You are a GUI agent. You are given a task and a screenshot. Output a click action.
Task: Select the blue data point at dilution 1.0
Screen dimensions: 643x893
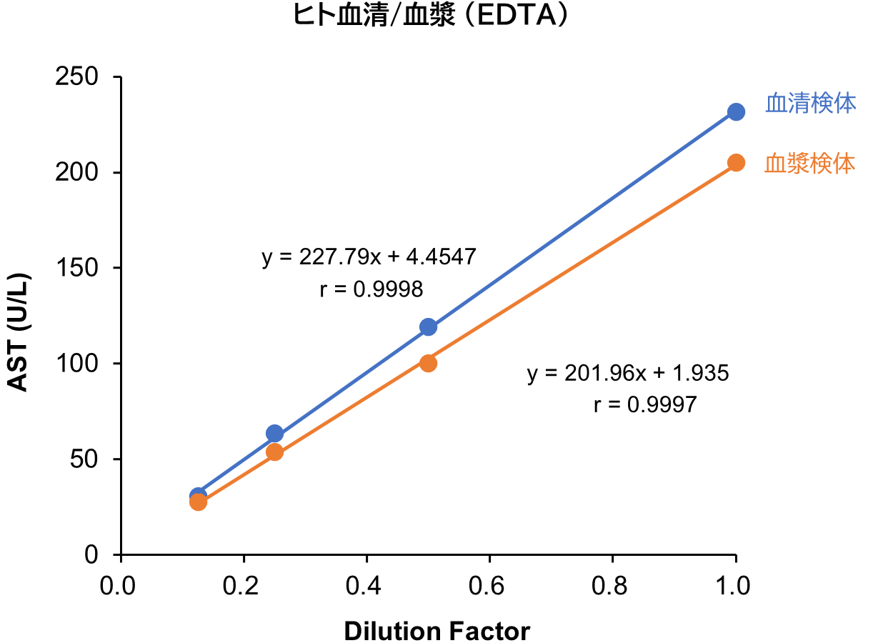click(x=736, y=112)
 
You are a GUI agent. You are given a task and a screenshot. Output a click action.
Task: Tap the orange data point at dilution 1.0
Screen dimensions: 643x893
click(x=736, y=163)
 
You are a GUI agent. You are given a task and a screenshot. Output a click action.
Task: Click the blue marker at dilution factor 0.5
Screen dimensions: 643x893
click(x=428, y=327)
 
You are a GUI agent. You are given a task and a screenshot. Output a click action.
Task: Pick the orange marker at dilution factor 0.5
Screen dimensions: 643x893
click(x=428, y=363)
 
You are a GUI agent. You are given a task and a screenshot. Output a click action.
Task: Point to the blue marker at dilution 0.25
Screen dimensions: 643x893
click(x=274, y=434)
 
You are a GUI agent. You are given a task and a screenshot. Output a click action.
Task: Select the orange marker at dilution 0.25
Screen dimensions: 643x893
click(x=274, y=452)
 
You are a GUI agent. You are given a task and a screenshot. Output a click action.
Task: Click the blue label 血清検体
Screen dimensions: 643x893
click(x=811, y=104)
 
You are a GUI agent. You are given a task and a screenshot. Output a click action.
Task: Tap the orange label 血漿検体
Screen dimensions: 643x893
click(x=810, y=164)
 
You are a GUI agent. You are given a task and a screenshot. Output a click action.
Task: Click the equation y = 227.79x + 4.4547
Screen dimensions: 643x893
click(x=369, y=258)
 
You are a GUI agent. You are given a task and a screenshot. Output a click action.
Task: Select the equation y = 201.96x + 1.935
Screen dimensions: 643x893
click(x=628, y=374)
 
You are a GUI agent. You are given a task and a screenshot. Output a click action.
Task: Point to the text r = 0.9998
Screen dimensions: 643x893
click(x=371, y=289)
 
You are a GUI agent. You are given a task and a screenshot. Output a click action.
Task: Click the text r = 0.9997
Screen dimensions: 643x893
click(x=644, y=405)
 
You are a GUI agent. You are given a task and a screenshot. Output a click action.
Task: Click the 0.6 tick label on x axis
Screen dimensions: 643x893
click(x=489, y=586)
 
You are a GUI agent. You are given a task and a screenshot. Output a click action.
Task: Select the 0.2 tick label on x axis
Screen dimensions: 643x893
click(x=244, y=586)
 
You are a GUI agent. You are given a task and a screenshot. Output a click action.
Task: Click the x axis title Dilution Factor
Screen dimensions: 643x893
click(x=436, y=632)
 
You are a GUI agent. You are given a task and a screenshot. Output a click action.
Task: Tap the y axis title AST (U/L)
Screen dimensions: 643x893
click(x=19, y=332)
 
